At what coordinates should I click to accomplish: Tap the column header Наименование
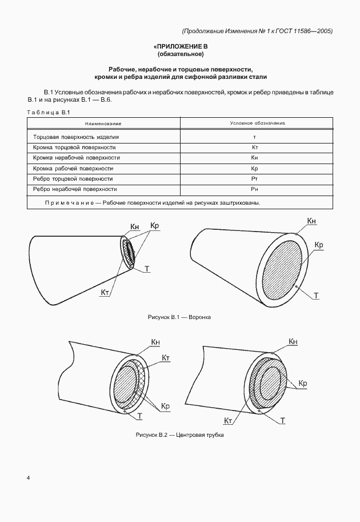pos(103,123)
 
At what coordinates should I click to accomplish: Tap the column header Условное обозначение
pos(257,123)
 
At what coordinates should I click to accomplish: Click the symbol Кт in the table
pos(255,148)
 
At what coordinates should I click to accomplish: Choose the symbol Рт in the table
pos(255,178)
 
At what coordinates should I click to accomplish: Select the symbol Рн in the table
pos(255,189)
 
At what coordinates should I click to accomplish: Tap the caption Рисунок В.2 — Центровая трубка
pos(179,435)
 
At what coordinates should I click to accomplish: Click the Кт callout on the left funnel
pos(105,293)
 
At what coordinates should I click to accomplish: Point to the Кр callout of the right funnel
pos(319,245)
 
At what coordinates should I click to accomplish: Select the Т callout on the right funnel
pos(316,296)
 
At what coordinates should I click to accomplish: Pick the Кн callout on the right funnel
pos(311,221)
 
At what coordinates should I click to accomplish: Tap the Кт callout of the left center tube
pos(167,358)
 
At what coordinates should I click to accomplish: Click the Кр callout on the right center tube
pos(303,383)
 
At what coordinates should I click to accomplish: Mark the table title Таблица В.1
pos(48,111)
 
